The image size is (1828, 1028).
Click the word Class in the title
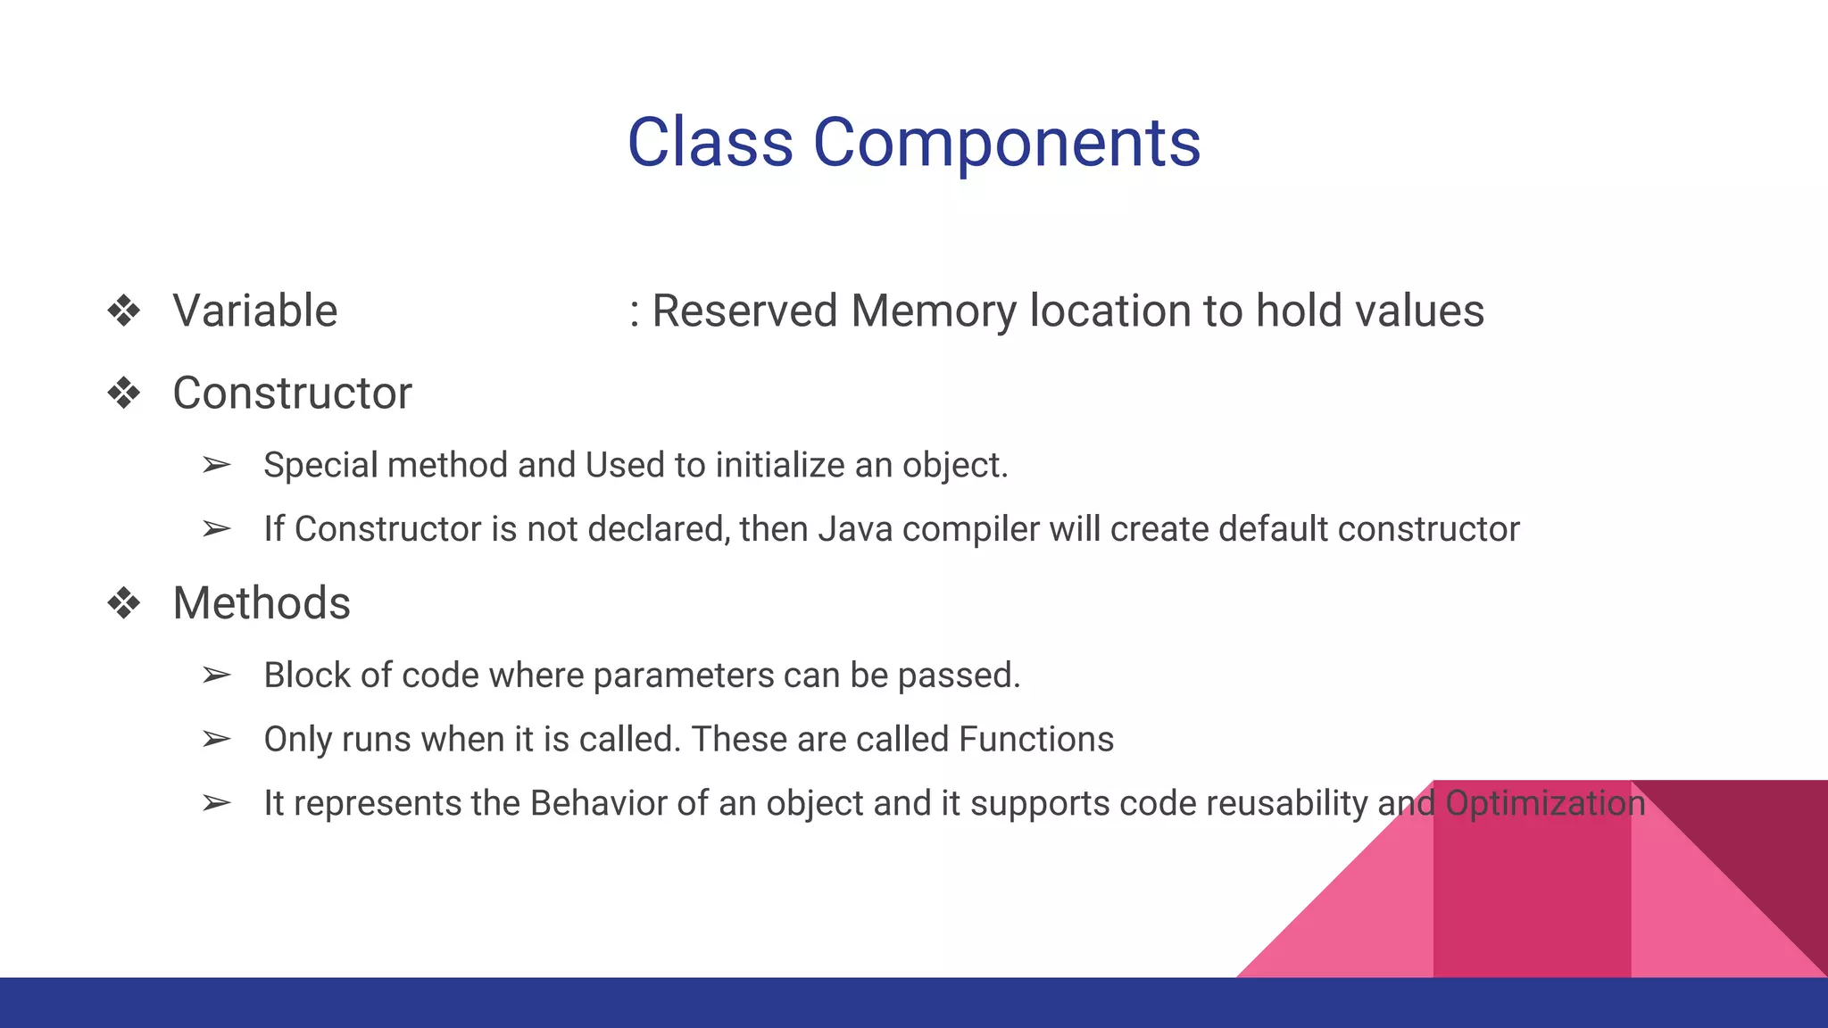(710, 143)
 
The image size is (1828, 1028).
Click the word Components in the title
(1006, 143)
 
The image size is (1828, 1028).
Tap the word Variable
(255, 311)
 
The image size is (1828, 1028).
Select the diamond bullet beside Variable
(124, 311)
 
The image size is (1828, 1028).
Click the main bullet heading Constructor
(292, 394)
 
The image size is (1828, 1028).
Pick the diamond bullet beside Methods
(124, 604)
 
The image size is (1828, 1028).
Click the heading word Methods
(262, 604)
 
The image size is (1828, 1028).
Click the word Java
(855, 529)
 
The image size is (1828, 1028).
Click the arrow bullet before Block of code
(217, 676)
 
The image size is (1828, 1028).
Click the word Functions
(1036, 740)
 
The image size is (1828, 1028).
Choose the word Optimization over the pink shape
(1545, 803)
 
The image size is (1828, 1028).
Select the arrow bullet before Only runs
(217, 740)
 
